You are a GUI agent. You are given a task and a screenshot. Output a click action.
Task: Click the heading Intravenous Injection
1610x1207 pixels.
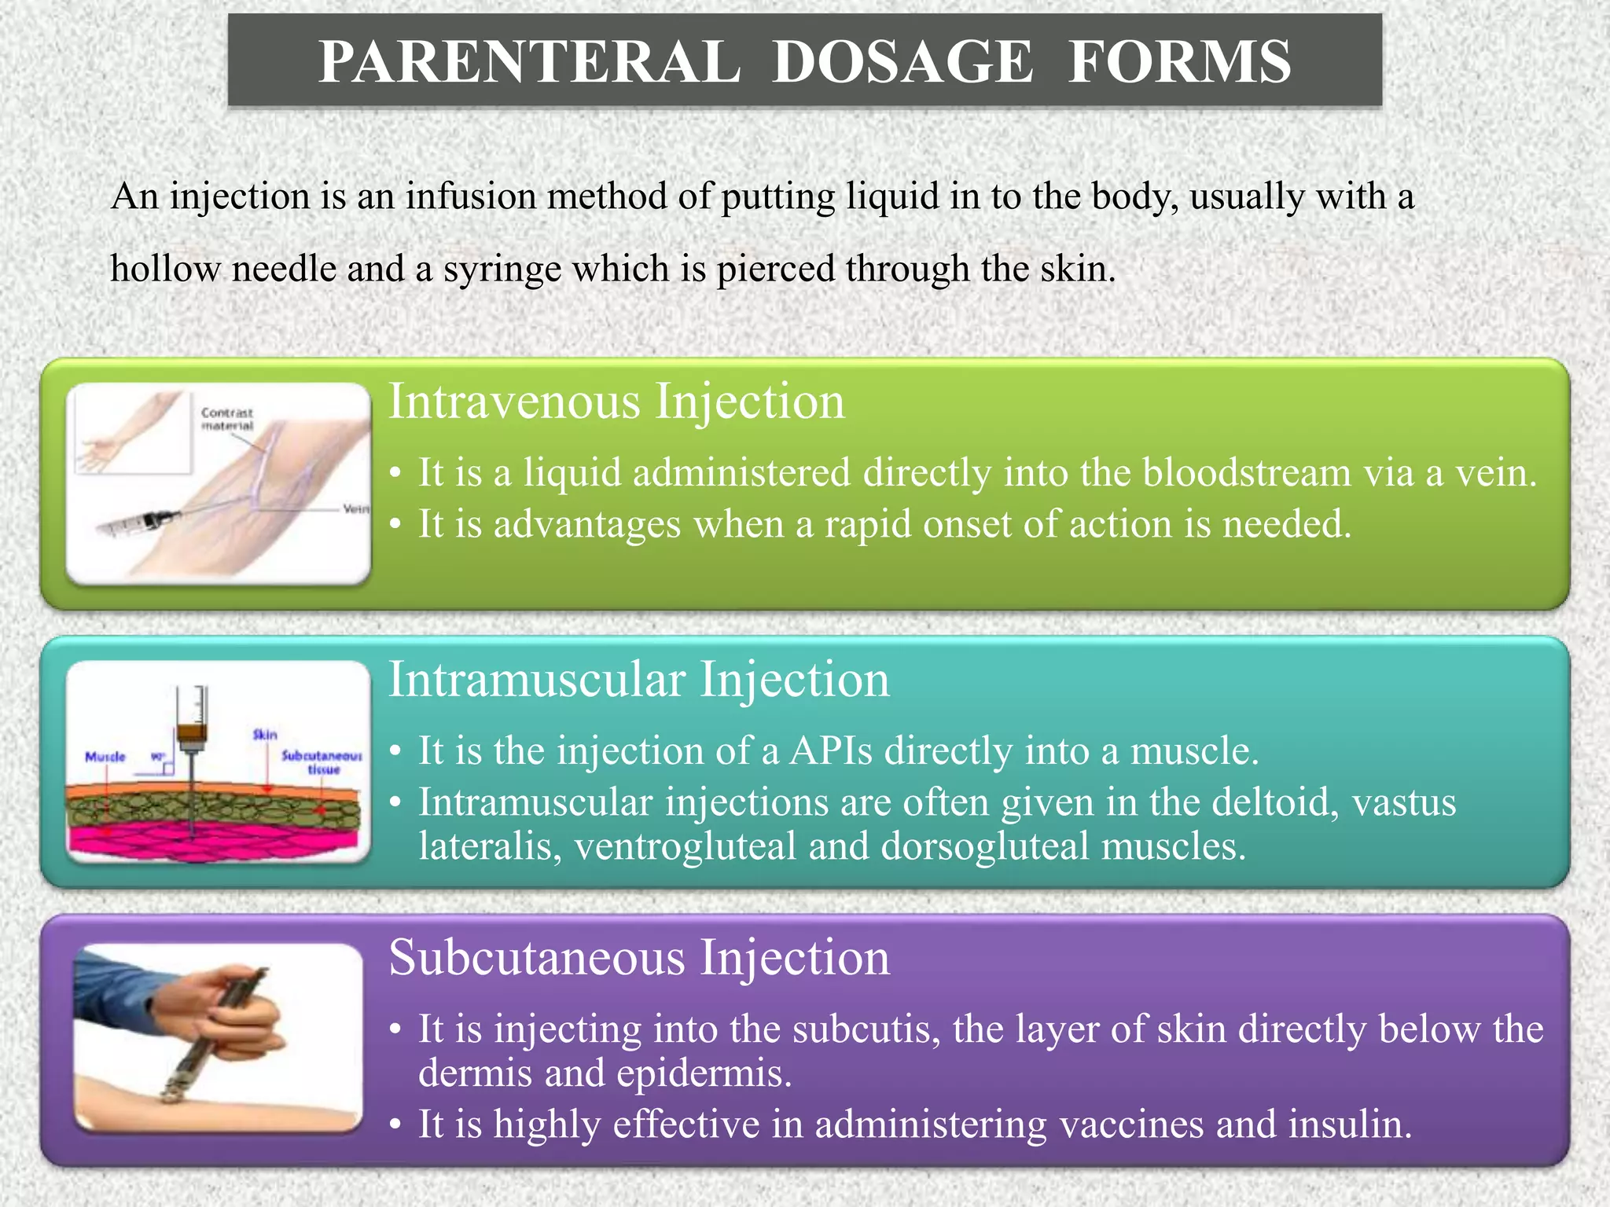(x=616, y=402)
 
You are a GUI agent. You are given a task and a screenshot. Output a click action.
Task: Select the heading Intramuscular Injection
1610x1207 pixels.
(x=638, y=680)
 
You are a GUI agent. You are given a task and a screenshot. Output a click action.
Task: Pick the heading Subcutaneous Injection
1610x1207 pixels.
(x=638, y=958)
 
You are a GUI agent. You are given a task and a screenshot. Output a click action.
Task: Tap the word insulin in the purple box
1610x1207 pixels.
(x=1349, y=1124)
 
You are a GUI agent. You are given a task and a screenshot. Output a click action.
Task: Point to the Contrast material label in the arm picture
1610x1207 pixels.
(x=227, y=419)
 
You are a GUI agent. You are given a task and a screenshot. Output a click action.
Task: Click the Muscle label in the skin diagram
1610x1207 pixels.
(x=105, y=756)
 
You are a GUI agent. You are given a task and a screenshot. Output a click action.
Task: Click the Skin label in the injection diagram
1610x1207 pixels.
(x=265, y=734)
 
